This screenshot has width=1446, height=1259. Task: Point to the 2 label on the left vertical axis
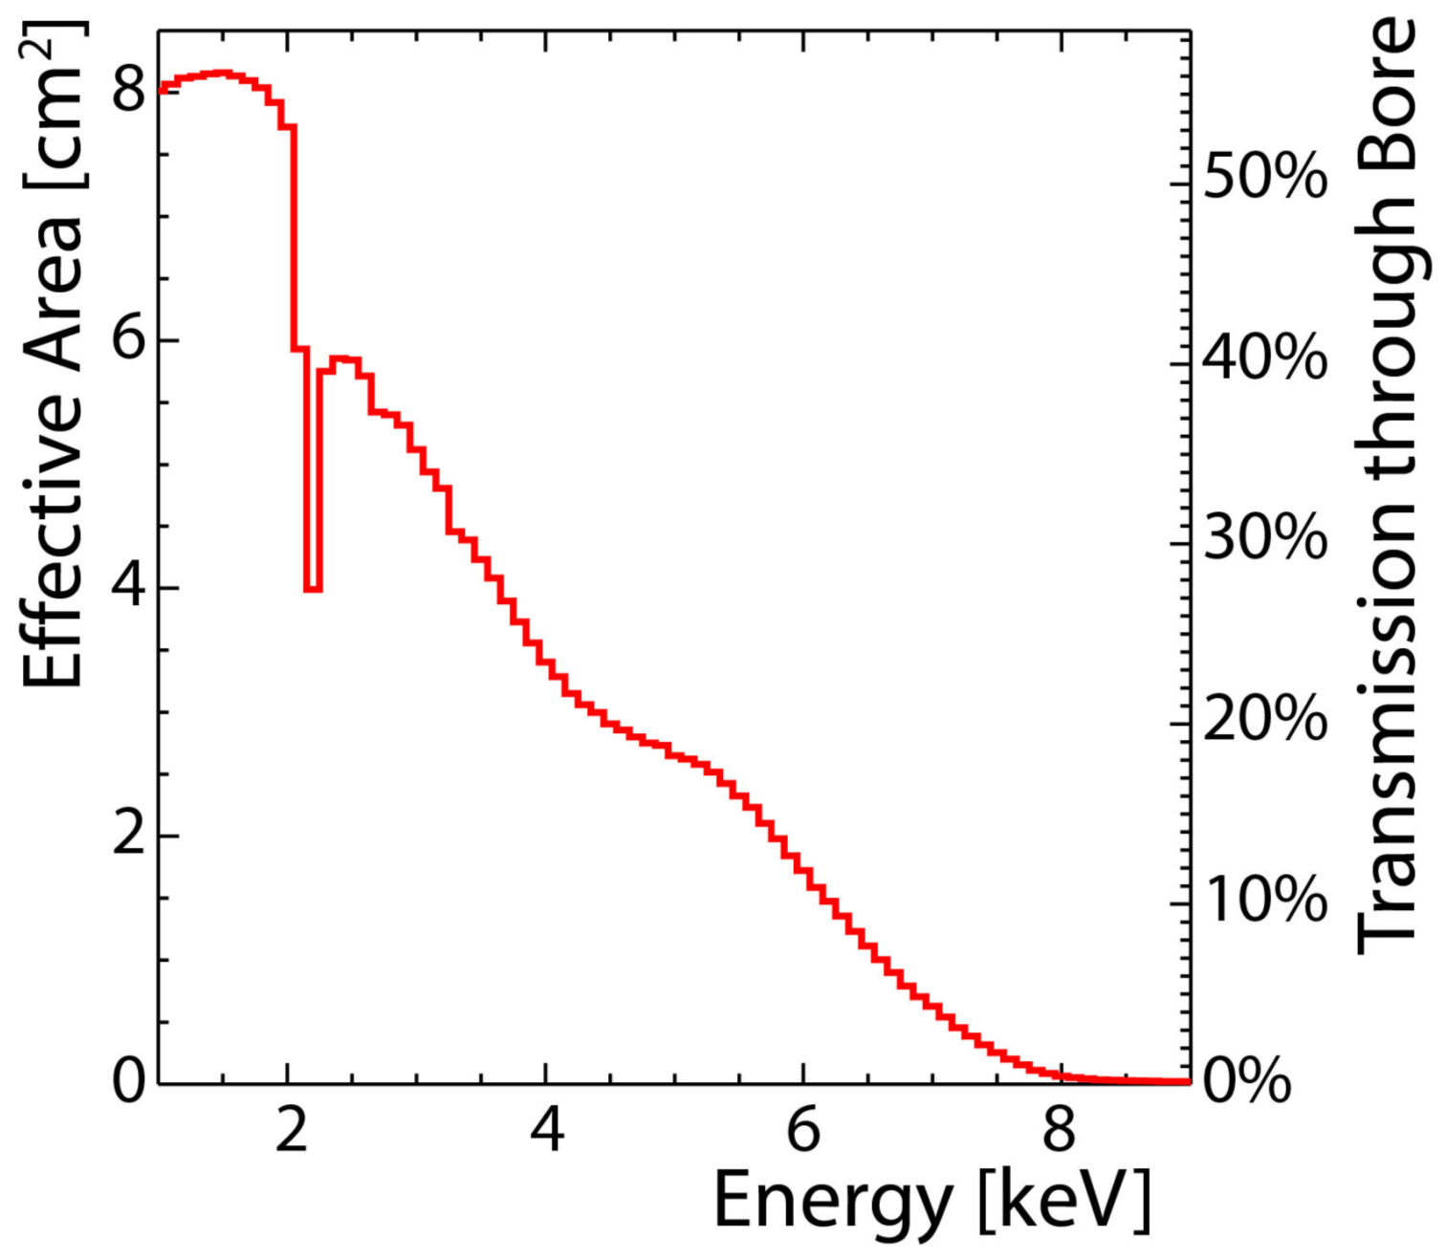coord(128,834)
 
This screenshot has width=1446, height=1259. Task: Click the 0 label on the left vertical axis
coord(128,1081)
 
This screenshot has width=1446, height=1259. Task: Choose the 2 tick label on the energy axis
coord(291,1130)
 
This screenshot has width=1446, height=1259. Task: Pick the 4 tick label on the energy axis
coord(546,1130)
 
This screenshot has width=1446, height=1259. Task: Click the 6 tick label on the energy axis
coord(803,1130)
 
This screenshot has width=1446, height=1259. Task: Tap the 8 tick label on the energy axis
coord(1060,1130)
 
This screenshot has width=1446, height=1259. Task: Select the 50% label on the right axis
coord(1264,177)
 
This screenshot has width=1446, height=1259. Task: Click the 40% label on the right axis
coord(1264,358)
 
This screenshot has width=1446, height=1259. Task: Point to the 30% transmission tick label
coord(1264,537)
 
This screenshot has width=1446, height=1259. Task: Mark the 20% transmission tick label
coord(1264,718)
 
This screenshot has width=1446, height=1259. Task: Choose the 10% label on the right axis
coord(1264,899)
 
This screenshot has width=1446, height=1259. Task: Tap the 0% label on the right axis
coord(1246,1080)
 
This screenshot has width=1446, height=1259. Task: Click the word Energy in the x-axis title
coord(833,1203)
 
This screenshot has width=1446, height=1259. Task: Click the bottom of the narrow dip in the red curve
coord(313,590)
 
